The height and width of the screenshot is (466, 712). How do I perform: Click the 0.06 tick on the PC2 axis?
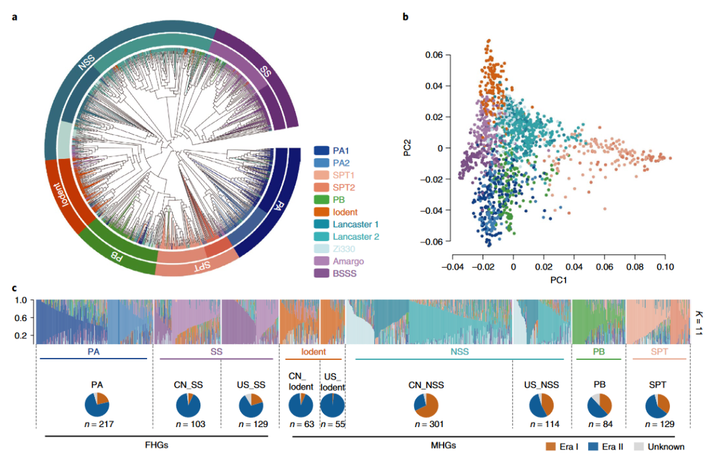click(434, 54)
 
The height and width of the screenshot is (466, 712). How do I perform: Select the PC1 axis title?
click(554, 281)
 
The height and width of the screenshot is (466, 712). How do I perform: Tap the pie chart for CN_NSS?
click(426, 405)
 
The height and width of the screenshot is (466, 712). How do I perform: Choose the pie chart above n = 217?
click(97, 405)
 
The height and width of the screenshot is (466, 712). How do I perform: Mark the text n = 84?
click(598, 424)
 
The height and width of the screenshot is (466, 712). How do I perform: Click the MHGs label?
click(442, 445)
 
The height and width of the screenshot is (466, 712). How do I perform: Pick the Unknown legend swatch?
click(639, 447)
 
